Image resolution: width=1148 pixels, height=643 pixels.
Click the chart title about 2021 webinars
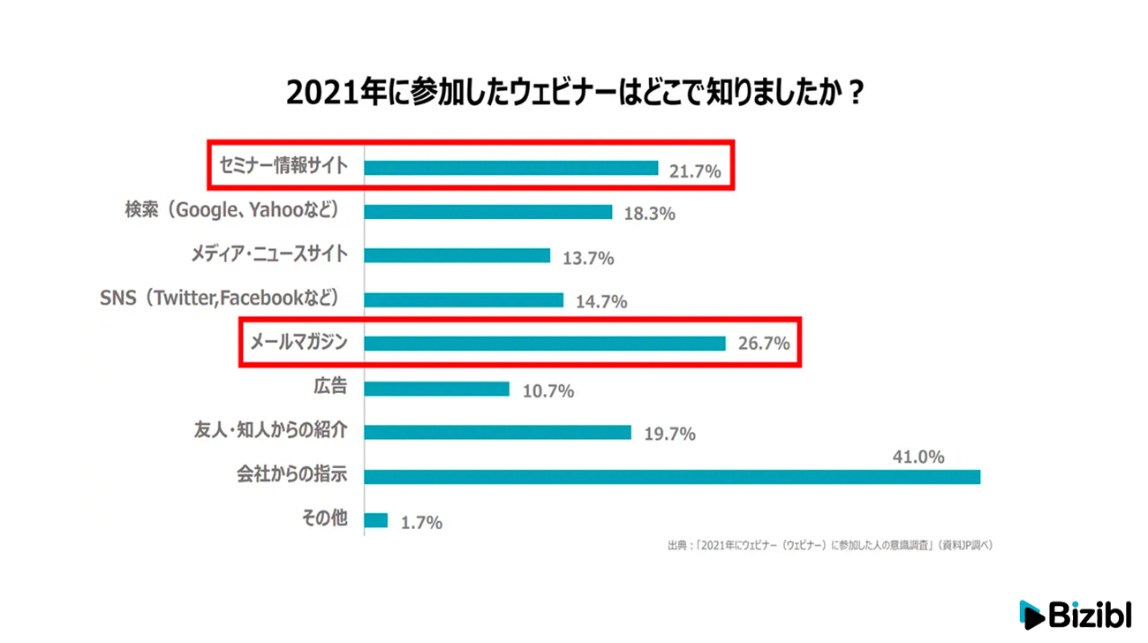click(x=574, y=93)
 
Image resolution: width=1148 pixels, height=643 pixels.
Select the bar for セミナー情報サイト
click(x=511, y=168)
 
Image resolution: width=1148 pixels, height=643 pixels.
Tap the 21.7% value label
click(x=695, y=171)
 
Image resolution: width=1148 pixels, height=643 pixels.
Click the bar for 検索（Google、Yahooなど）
click(x=488, y=212)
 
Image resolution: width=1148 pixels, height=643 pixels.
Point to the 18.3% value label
click(x=649, y=215)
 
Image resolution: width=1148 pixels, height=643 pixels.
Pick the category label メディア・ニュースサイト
click(x=269, y=254)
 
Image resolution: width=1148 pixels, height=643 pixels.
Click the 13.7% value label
click(x=587, y=259)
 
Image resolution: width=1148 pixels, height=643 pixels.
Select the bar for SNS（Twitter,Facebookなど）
click(x=464, y=300)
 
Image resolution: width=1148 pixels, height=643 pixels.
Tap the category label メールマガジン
click(x=299, y=341)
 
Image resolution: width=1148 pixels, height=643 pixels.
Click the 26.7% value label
click(x=763, y=344)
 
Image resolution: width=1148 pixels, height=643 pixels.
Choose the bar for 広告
click(x=437, y=389)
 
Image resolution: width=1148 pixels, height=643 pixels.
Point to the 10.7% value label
click(x=548, y=390)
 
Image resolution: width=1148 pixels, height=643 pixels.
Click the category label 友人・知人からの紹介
click(x=270, y=431)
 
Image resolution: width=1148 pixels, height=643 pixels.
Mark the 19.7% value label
click(x=669, y=434)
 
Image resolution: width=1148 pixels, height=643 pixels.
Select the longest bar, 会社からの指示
click(x=672, y=477)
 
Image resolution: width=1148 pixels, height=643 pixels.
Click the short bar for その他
click(x=376, y=520)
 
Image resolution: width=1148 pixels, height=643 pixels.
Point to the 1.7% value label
click(x=420, y=523)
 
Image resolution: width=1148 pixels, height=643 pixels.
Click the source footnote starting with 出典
click(x=830, y=546)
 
